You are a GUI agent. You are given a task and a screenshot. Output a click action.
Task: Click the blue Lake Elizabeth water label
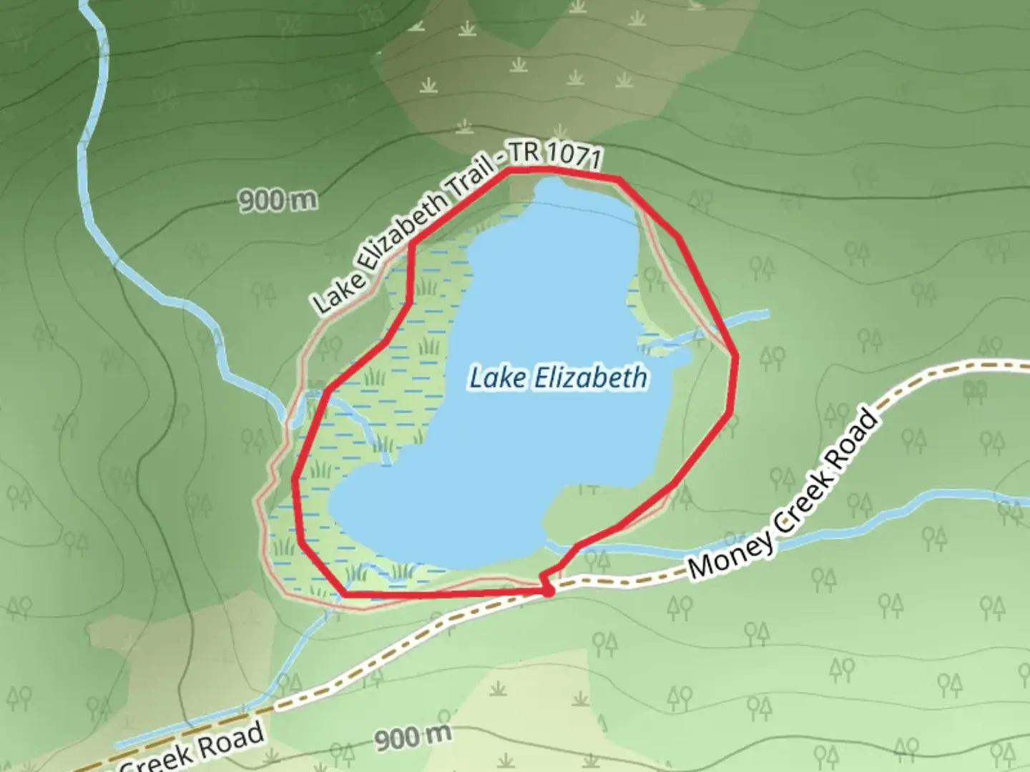(558, 377)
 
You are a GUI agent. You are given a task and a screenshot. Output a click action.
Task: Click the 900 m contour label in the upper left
(278, 200)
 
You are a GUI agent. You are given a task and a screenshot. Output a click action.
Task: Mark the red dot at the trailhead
(548, 591)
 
